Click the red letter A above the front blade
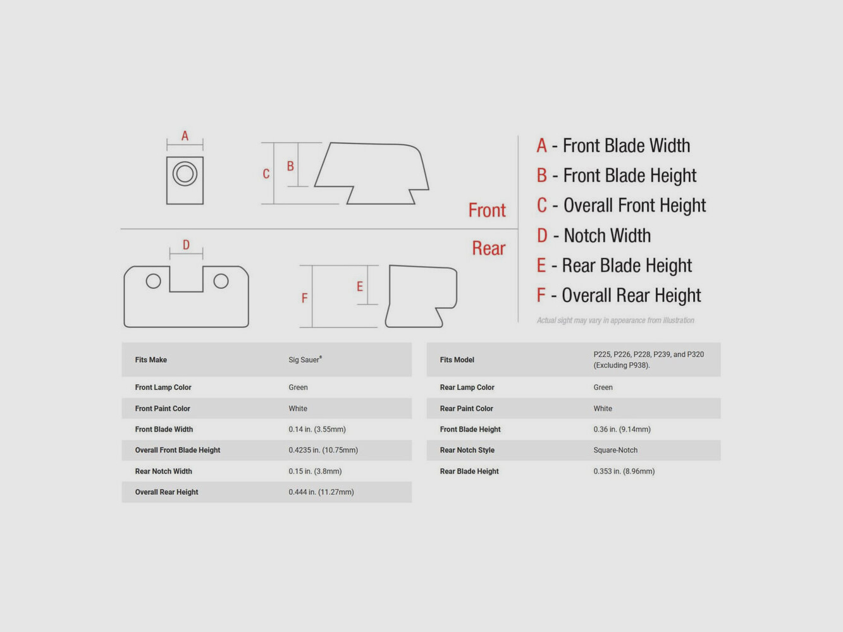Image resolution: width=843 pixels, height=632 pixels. [185, 136]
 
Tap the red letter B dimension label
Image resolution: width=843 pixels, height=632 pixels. [290, 166]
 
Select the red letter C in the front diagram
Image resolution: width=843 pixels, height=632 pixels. [266, 174]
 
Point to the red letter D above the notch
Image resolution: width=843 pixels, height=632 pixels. [186, 245]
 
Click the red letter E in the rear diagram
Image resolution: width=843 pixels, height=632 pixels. [359, 286]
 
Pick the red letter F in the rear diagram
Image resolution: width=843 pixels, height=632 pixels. [304, 298]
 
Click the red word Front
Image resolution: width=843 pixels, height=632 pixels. [487, 210]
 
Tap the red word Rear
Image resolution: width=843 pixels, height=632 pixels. [488, 248]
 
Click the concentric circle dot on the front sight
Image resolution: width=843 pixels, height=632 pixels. [185, 174]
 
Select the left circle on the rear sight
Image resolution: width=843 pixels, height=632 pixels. [153, 281]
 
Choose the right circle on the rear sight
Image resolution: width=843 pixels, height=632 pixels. [221, 281]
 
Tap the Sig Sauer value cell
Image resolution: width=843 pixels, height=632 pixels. [305, 360]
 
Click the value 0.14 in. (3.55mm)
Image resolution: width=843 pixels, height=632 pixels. [317, 429]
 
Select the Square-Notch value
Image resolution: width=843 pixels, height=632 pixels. [615, 450]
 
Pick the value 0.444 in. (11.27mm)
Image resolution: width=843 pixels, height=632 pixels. [321, 492]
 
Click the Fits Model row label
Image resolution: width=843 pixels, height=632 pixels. [457, 360]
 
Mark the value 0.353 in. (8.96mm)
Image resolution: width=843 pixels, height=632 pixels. [624, 471]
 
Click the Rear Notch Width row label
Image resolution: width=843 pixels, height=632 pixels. [163, 471]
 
